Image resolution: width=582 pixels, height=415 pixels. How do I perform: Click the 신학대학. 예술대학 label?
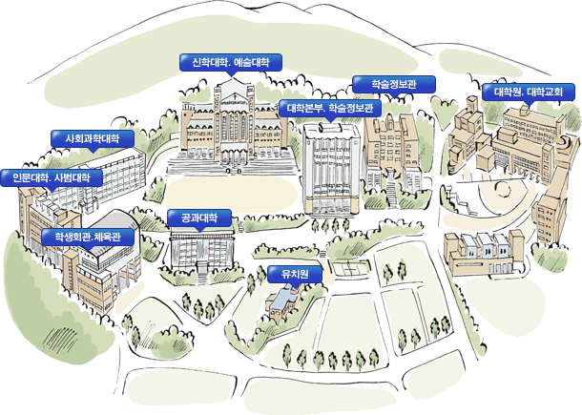pos(231,62)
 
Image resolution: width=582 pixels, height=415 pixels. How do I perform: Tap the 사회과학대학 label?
pos(93,139)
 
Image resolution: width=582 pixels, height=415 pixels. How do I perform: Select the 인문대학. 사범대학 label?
pos(52,177)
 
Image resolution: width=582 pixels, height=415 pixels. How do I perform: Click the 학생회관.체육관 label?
pos(88,237)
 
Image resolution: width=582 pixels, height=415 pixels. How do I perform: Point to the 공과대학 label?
pos(199,218)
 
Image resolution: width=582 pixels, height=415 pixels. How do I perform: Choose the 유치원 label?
pos(295,274)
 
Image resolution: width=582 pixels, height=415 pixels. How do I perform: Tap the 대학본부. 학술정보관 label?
pos(330,108)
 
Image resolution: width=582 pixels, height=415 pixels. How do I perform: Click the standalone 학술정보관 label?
pos(393,84)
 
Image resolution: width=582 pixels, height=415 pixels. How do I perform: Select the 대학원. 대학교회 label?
pos(529,92)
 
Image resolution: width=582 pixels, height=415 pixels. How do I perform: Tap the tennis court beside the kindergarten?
pos(349,268)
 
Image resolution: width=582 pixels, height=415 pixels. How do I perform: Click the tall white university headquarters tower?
pos(331,169)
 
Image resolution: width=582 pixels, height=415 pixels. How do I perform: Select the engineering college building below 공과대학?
pos(202,251)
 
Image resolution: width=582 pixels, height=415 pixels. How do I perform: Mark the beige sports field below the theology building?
pos(232,194)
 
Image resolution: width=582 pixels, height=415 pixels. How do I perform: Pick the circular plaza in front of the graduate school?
pos(504,190)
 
